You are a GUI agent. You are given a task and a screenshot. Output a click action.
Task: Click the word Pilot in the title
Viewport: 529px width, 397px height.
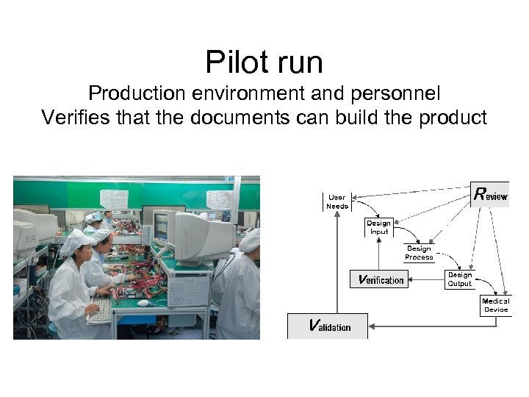(x=231, y=62)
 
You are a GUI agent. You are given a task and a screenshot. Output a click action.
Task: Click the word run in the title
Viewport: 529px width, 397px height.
(x=298, y=62)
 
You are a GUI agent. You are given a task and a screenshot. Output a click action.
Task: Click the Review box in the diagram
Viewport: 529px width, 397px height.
(x=490, y=195)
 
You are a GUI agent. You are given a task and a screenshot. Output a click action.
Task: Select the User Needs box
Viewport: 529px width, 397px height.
(x=337, y=201)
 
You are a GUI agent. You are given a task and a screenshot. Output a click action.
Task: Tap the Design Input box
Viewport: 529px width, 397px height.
(x=378, y=227)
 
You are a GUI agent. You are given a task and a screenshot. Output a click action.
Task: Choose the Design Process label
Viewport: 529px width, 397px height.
(x=419, y=253)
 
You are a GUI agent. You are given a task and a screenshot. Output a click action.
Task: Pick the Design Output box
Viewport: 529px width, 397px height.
(x=460, y=279)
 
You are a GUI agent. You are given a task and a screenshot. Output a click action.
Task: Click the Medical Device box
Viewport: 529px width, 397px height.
(x=495, y=305)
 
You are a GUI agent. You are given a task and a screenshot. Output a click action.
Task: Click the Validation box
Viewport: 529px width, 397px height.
(x=328, y=326)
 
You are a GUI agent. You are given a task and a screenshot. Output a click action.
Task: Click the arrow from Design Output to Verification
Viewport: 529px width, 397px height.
(x=426, y=279)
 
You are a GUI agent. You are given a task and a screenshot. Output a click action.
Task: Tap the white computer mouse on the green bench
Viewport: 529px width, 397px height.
(x=144, y=302)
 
